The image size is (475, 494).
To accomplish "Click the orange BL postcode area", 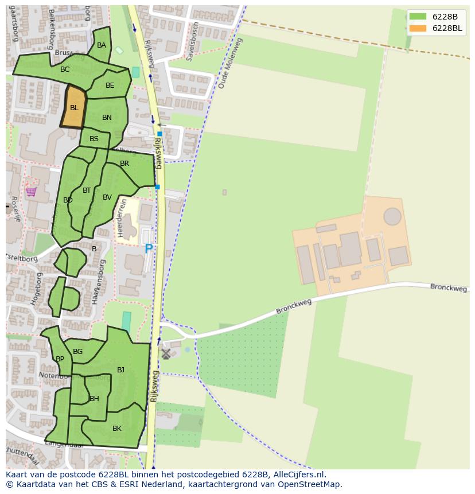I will (74, 107).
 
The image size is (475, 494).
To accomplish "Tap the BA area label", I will (102, 45).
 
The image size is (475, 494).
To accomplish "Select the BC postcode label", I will (65, 69).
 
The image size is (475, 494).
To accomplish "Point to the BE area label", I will (110, 85).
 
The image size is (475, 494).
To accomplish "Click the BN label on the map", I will (107, 118).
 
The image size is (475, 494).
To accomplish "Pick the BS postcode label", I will (94, 139).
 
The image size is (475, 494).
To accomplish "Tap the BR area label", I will (124, 164).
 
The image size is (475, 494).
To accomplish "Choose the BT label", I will (87, 190).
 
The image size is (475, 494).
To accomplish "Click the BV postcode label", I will (107, 197).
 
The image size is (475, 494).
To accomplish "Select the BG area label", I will (78, 352).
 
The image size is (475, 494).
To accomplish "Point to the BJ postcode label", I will (120, 370).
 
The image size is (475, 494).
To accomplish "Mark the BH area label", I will (94, 399).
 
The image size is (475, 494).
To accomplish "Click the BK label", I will (117, 429).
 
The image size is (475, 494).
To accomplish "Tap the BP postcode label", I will (60, 359).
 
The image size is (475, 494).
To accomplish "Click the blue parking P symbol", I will (149, 249).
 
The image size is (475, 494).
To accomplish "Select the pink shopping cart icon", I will (31, 192).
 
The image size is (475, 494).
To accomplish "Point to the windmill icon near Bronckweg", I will (166, 354).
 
